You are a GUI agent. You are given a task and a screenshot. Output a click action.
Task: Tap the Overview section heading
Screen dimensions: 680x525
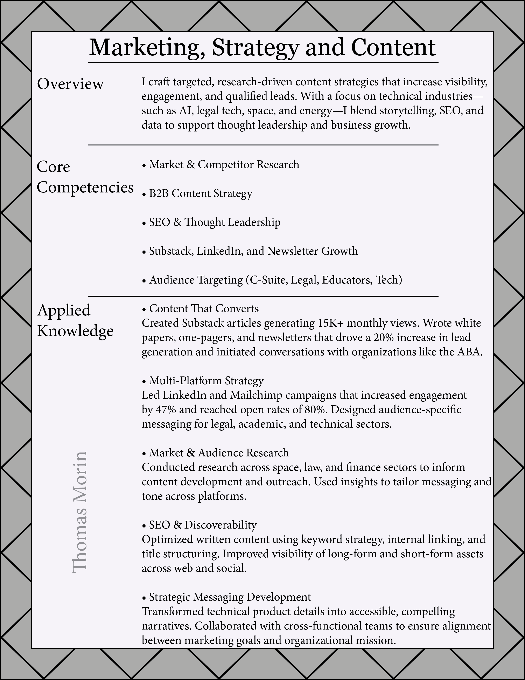(x=70, y=84)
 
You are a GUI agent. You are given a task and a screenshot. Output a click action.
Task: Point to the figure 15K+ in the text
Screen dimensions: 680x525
(x=331, y=323)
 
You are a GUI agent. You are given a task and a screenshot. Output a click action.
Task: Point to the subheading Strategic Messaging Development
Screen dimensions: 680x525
(x=230, y=597)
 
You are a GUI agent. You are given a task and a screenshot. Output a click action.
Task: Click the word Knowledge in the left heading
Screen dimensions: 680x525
(x=75, y=331)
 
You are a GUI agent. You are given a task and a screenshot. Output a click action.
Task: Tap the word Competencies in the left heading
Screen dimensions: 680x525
(x=85, y=188)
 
